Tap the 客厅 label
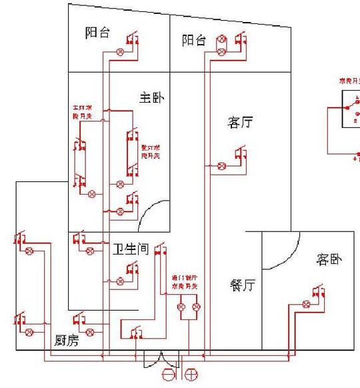pos(240,123)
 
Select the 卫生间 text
pos(129,250)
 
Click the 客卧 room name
pos(329,259)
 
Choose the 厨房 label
pos(66,341)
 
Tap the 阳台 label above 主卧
pos(98,33)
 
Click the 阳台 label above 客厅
pos(194,40)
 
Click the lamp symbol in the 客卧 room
pos(306,304)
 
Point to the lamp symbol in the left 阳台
pos(121,51)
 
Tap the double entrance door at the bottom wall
pos(162,360)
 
